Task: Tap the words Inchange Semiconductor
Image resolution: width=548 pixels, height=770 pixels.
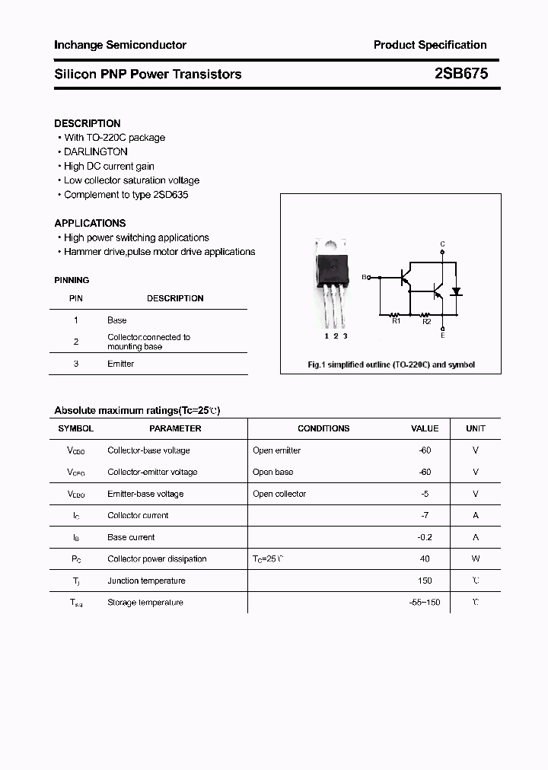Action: pos(119,45)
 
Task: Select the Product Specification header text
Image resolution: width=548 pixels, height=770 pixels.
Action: pos(430,45)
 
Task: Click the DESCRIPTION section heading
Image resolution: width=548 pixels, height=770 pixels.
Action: pos(87,123)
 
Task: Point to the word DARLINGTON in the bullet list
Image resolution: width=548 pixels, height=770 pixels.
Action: pos(96,152)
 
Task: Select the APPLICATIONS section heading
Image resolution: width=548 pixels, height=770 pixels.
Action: pos(90,223)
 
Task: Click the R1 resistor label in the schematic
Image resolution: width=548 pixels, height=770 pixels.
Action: pos(396,322)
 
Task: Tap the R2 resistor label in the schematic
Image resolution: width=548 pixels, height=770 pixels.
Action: pos(427,322)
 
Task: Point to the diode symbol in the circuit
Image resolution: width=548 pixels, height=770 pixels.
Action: pos(457,291)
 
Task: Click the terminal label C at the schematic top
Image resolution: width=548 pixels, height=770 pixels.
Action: pos(442,244)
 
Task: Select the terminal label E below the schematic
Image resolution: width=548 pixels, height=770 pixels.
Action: pos(442,335)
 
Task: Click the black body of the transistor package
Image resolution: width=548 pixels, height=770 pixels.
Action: pos(333,266)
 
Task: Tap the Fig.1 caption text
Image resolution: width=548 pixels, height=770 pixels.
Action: pos(390,364)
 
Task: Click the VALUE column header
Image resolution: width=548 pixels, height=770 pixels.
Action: pos(425,428)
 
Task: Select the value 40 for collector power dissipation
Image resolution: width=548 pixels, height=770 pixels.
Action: pos(425,558)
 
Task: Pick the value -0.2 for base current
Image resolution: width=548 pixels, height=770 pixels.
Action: pos(425,537)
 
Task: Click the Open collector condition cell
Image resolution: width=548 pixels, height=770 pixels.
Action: pos(279,494)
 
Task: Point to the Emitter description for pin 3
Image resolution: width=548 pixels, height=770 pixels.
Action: pos(120,364)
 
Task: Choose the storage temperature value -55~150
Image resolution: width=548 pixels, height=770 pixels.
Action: pos(424,602)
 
